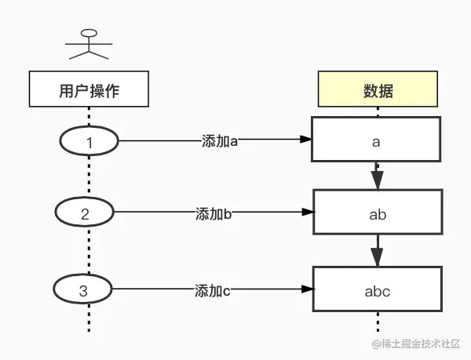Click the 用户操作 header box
tap(89, 89)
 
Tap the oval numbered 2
tap(85, 213)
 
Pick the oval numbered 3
tap(83, 290)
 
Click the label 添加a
tap(219, 141)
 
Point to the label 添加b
tap(213, 213)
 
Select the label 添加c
tap(212, 290)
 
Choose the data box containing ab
tap(378, 212)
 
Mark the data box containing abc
tap(378, 291)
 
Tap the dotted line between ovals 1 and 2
tap(89, 176)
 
